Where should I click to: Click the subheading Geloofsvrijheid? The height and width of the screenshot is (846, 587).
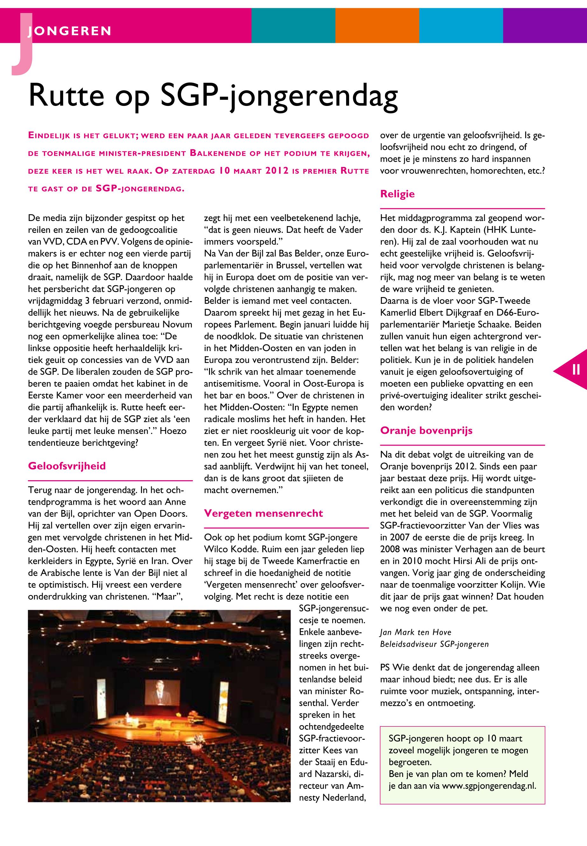[66, 466]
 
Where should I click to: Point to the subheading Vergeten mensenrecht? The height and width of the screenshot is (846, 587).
[263, 513]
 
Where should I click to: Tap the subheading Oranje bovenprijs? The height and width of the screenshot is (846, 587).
[426, 431]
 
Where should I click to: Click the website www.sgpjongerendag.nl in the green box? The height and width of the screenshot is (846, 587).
[489, 786]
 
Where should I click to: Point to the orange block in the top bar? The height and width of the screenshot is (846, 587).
[377, 25]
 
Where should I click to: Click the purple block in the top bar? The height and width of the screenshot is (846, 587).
[545, 25]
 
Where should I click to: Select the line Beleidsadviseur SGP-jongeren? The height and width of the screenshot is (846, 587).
[434, 644]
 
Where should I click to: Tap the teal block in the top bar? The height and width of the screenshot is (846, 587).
[293, 25]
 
